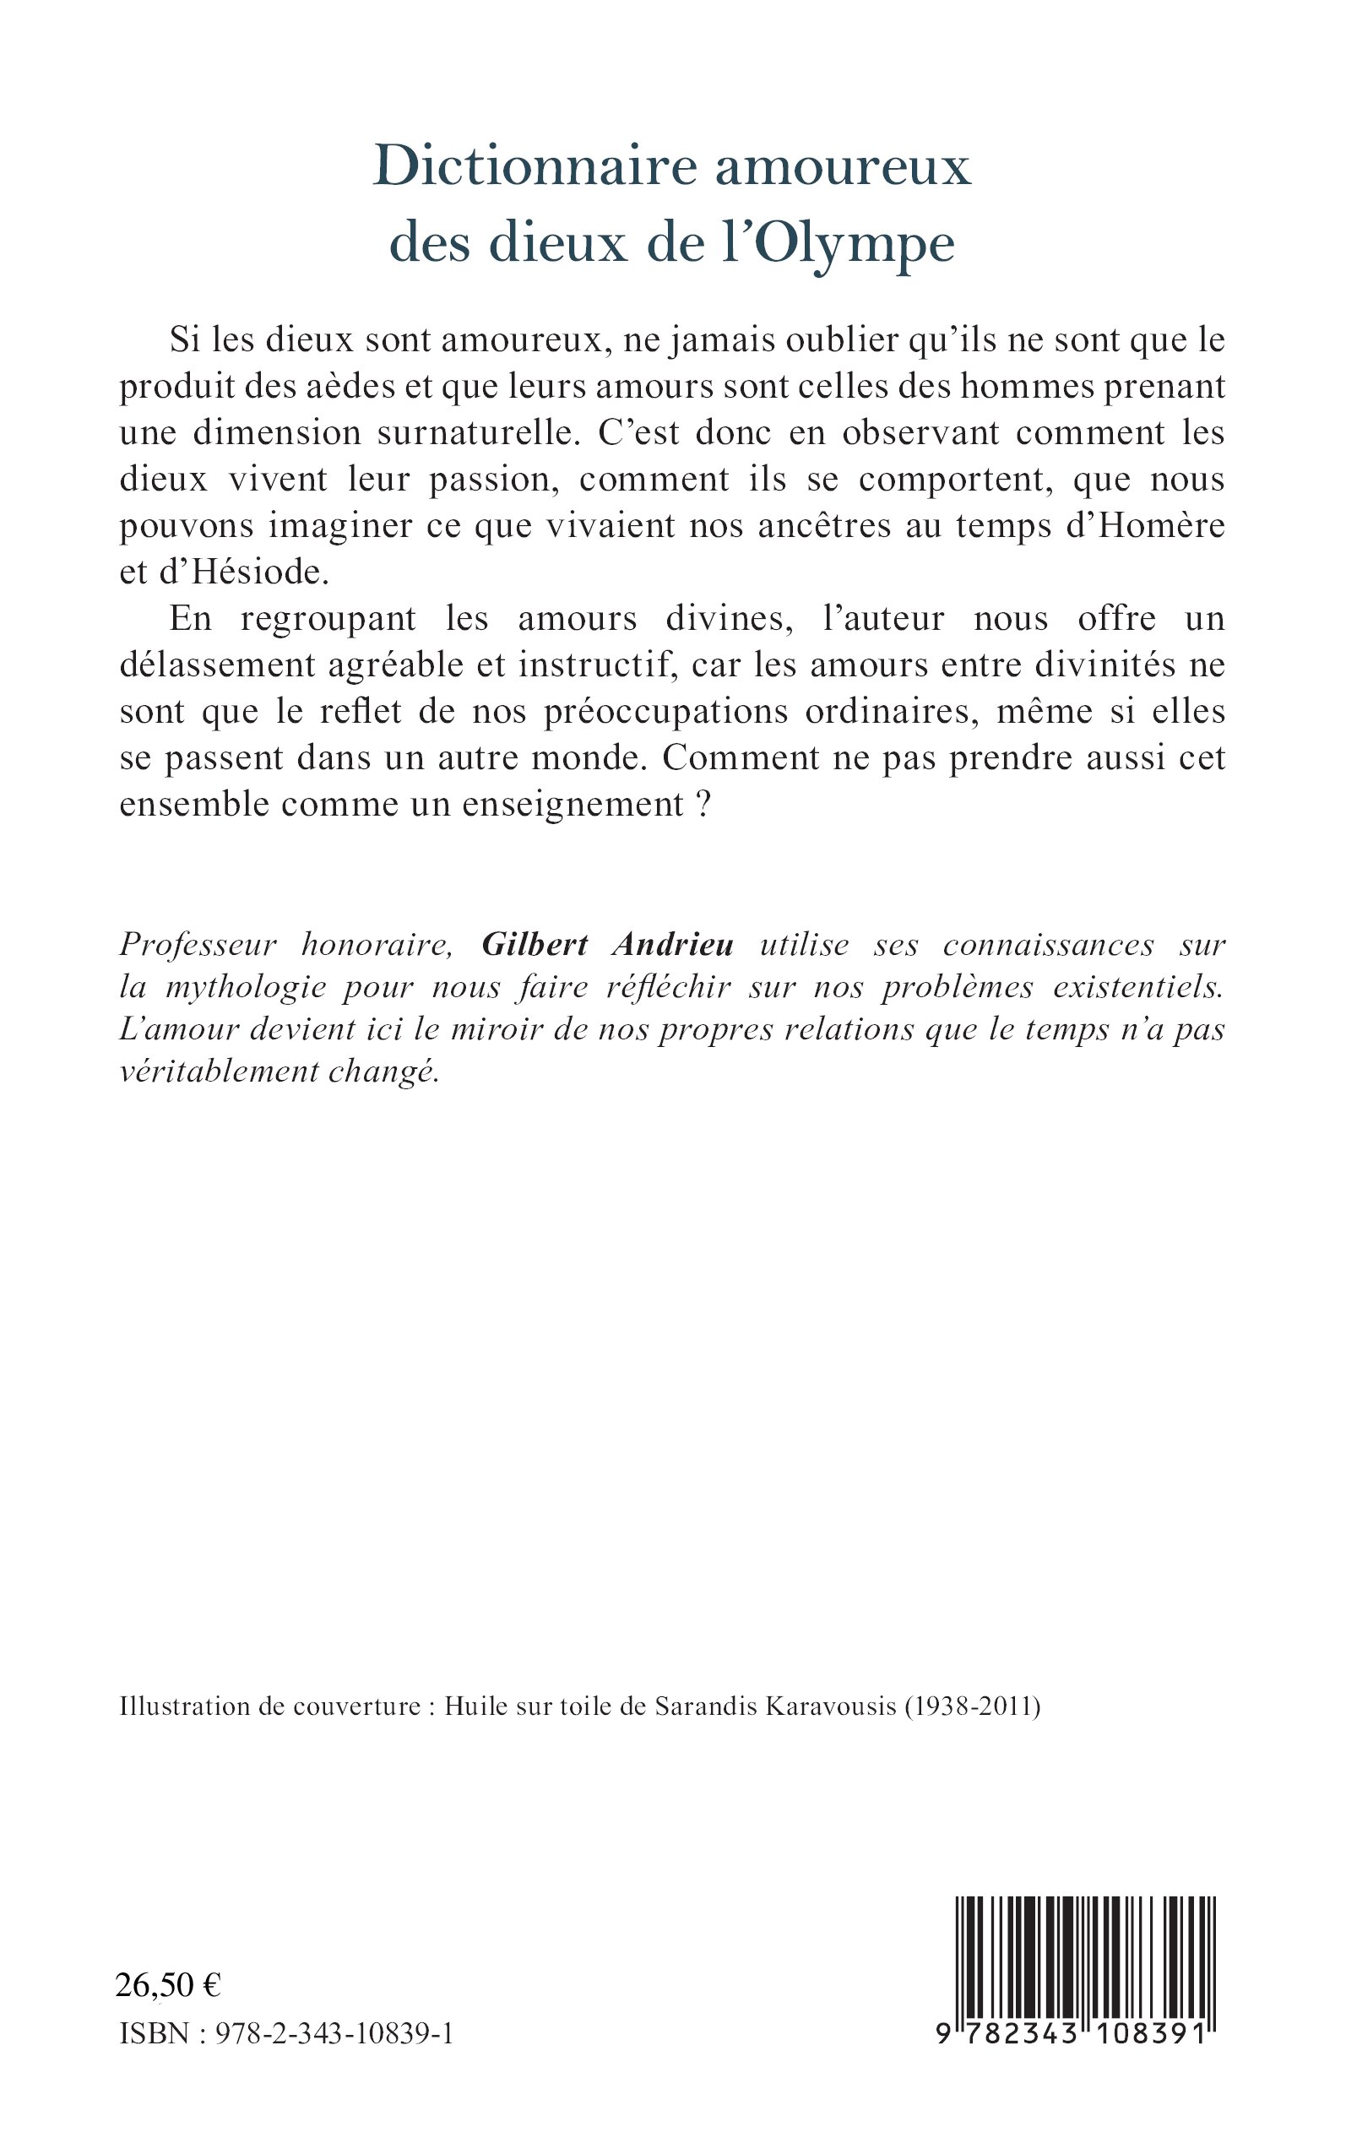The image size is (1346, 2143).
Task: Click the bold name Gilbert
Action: (x=535, y=944)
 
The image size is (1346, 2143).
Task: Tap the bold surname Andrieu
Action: (x=672, y=944)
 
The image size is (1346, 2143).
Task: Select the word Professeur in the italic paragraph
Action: (x=198, y=944)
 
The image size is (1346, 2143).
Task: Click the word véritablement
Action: (x=218, y=1071)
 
